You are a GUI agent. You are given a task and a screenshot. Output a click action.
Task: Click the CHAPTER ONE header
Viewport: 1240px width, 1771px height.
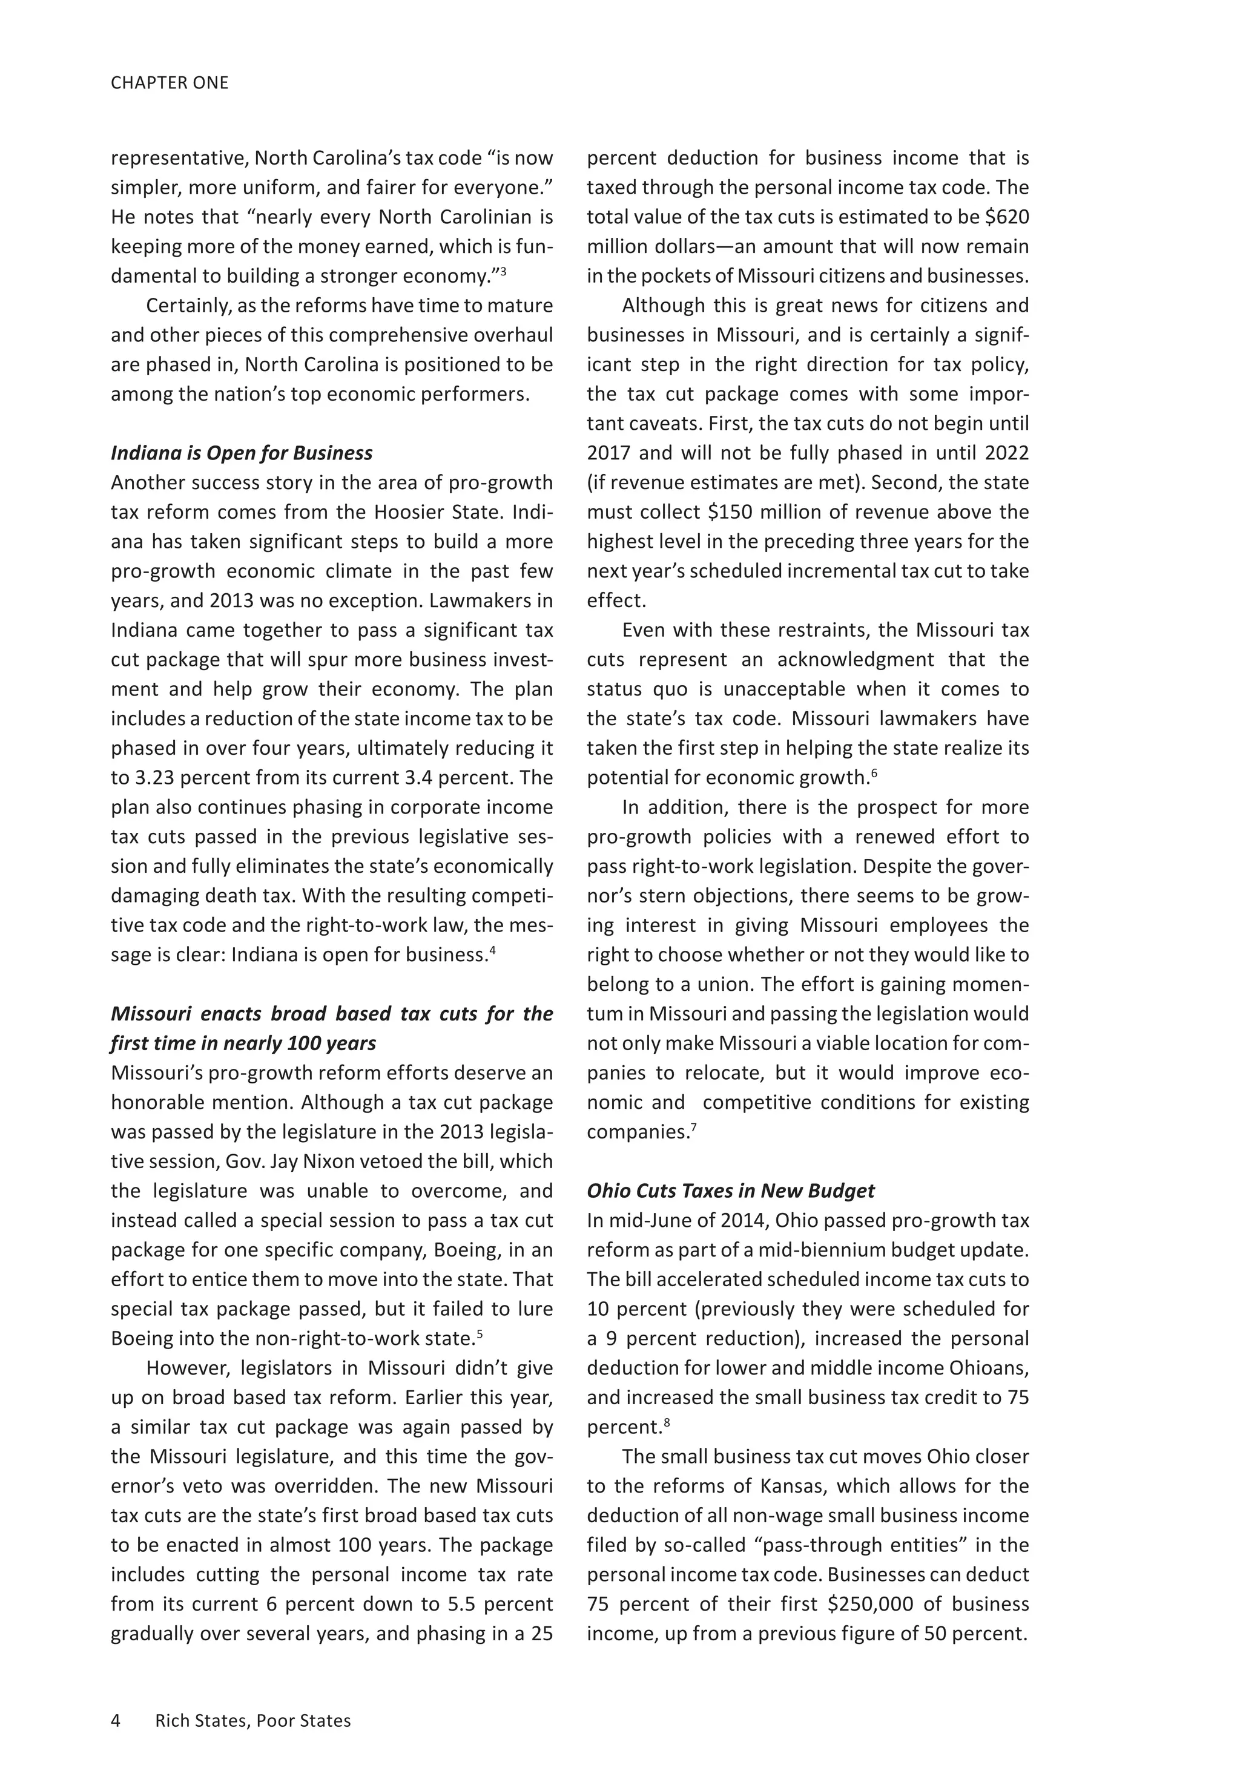170,82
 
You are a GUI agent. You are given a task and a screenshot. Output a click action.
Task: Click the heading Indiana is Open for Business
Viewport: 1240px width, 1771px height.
242,453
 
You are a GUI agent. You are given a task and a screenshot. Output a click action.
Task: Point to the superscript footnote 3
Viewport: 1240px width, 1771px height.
503,271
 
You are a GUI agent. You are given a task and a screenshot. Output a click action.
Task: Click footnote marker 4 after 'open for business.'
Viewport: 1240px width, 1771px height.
492,950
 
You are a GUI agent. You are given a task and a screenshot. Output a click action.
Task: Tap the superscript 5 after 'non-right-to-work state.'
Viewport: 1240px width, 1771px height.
479,1333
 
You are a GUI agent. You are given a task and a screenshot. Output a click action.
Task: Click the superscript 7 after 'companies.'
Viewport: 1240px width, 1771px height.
694,1127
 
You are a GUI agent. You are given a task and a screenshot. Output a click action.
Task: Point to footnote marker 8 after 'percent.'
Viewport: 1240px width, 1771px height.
667,1422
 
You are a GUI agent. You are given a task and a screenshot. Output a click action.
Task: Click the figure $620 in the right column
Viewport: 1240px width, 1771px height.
1007,217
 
